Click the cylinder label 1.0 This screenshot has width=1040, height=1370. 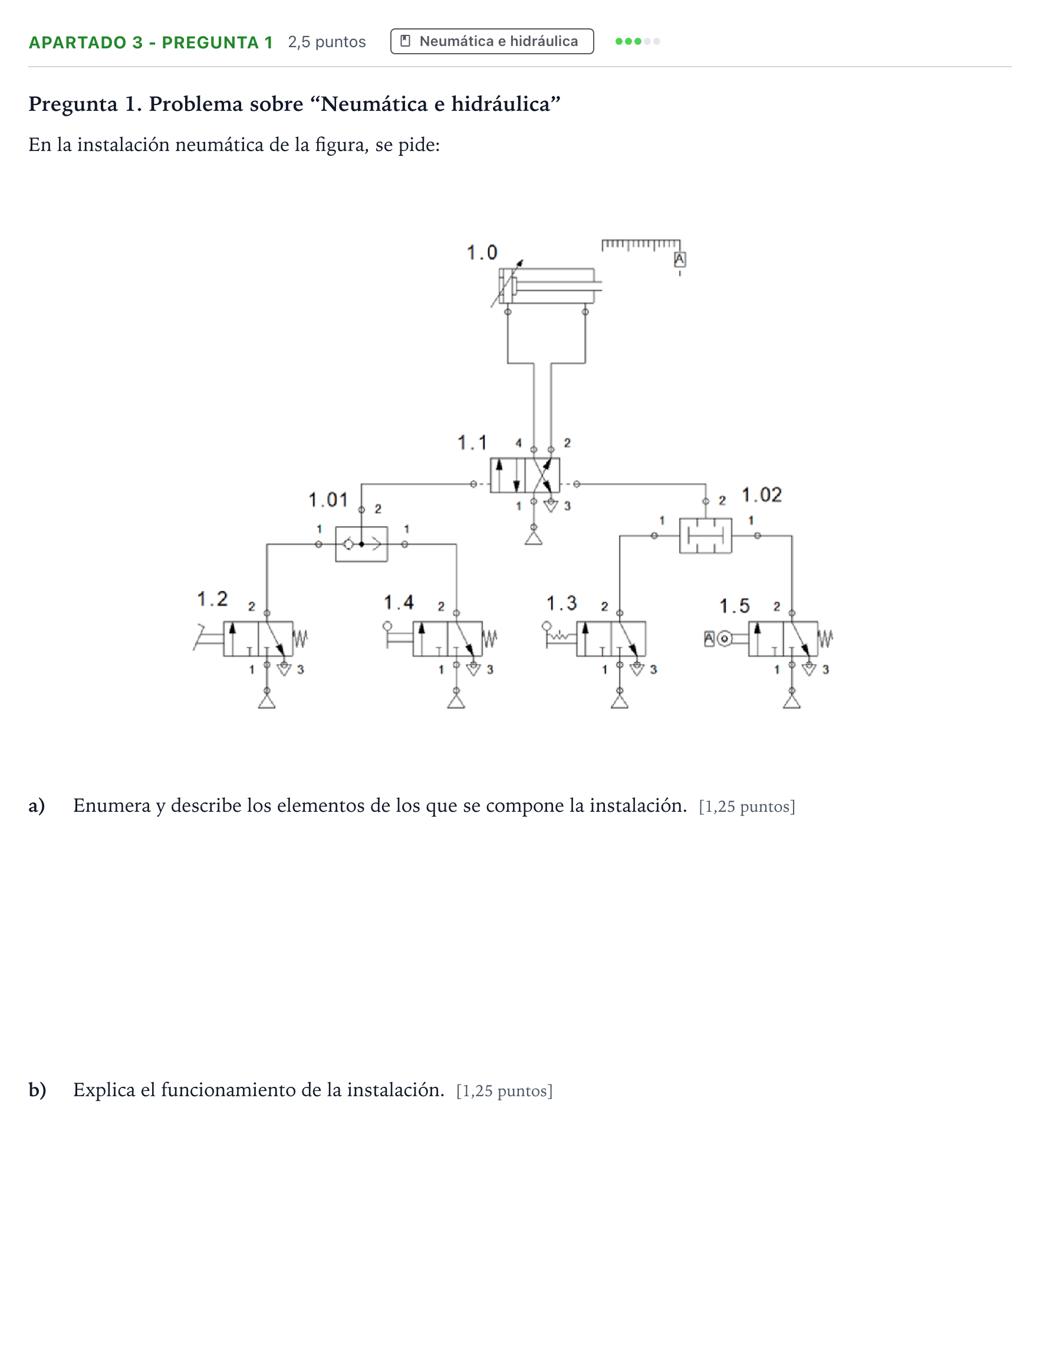[x=482, y=252]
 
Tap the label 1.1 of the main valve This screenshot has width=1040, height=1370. [x=472, y=443]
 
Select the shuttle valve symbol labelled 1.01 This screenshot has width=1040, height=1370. [x=361, y=544]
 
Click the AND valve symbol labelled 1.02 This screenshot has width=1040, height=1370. [x=705, y=536]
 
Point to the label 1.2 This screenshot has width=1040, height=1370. [x=212, y=599]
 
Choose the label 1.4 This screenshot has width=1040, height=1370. [x=399, y=602]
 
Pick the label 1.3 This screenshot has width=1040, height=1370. [x=561, y=602]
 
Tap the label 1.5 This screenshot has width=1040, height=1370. [x=734, y=606]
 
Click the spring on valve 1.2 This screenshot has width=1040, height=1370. [x=300, y=638]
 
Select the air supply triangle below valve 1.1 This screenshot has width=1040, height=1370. [x=534, y=537]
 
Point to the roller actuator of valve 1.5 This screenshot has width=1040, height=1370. [x=724, y=638]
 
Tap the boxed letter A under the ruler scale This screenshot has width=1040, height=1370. [x=680, y=260]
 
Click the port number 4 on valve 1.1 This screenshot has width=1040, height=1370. [x=519, y=443]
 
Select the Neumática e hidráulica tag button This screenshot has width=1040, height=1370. [x=492, y=41]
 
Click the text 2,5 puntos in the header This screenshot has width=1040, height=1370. [x=327, y=42]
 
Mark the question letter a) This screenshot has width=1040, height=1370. [x=37, y=805]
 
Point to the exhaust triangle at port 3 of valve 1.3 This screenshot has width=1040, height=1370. [x=637, y=669]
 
